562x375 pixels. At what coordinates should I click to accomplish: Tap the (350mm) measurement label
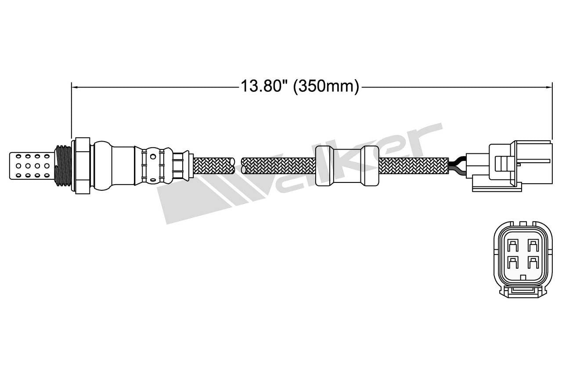326,86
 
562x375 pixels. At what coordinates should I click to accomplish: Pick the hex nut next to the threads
82,166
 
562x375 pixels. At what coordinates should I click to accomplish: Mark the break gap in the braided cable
238,166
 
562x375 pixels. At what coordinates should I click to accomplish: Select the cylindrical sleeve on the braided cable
347,166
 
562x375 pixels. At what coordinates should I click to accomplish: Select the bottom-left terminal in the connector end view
512,262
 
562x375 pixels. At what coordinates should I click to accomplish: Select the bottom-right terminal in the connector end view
533,262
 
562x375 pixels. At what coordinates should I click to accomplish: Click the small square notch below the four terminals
522,277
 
